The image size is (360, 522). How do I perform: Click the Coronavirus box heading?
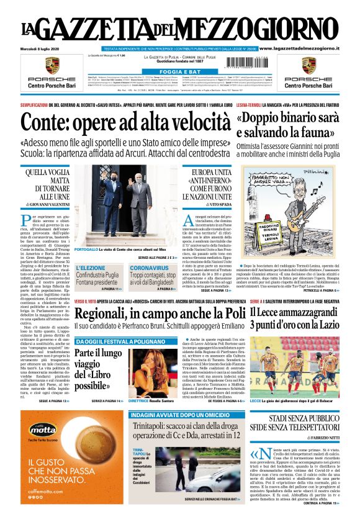(150, 268)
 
